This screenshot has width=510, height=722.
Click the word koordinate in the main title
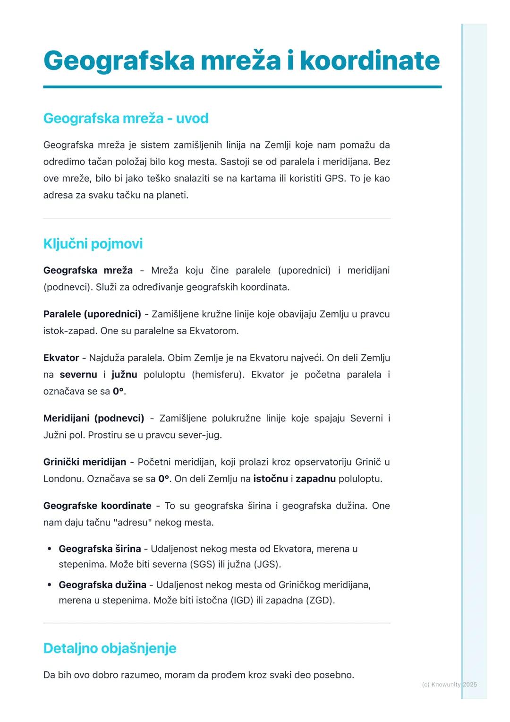(369, 60)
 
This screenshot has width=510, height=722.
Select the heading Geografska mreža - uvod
(126, 118)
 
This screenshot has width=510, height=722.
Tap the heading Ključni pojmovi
(93, 244)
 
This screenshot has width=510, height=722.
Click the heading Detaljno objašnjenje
(110, 648)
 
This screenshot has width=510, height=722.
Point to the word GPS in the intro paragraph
(335, 179)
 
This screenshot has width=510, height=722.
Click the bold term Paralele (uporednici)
(92, 314)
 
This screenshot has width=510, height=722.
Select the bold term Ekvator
(61, 358)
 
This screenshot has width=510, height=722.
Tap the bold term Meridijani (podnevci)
(93, 419)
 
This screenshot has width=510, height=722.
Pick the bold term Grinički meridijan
(85, 462)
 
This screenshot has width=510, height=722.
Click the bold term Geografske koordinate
(97, 506)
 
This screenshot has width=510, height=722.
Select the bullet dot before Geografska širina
(50, 549)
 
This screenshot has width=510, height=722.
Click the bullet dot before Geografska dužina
(50, 585)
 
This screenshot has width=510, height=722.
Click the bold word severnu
(78, 375)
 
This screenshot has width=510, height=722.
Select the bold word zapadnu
(315, 479)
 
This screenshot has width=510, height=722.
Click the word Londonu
(64, 479)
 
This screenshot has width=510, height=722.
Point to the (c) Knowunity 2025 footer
(449, 684)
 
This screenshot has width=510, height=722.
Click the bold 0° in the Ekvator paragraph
(118, 392)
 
